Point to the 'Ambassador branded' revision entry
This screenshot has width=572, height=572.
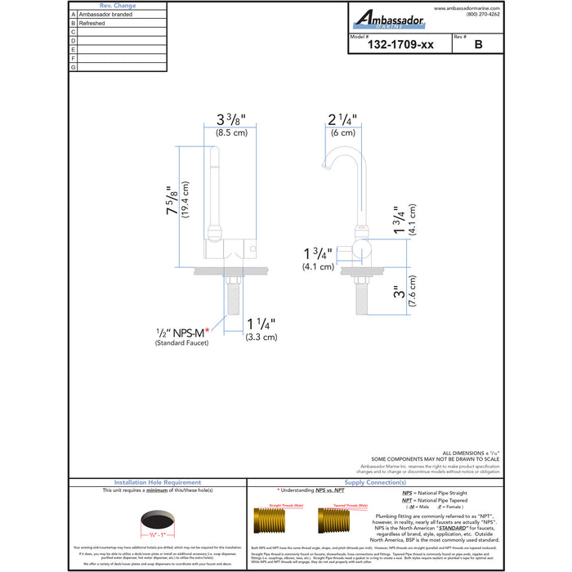(105, 15)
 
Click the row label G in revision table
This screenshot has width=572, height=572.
(74, 67)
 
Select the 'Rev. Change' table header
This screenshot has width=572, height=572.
(118, 6)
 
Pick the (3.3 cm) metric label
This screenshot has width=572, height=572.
(261, 337)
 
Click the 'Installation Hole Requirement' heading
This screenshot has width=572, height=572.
(156, 482)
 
